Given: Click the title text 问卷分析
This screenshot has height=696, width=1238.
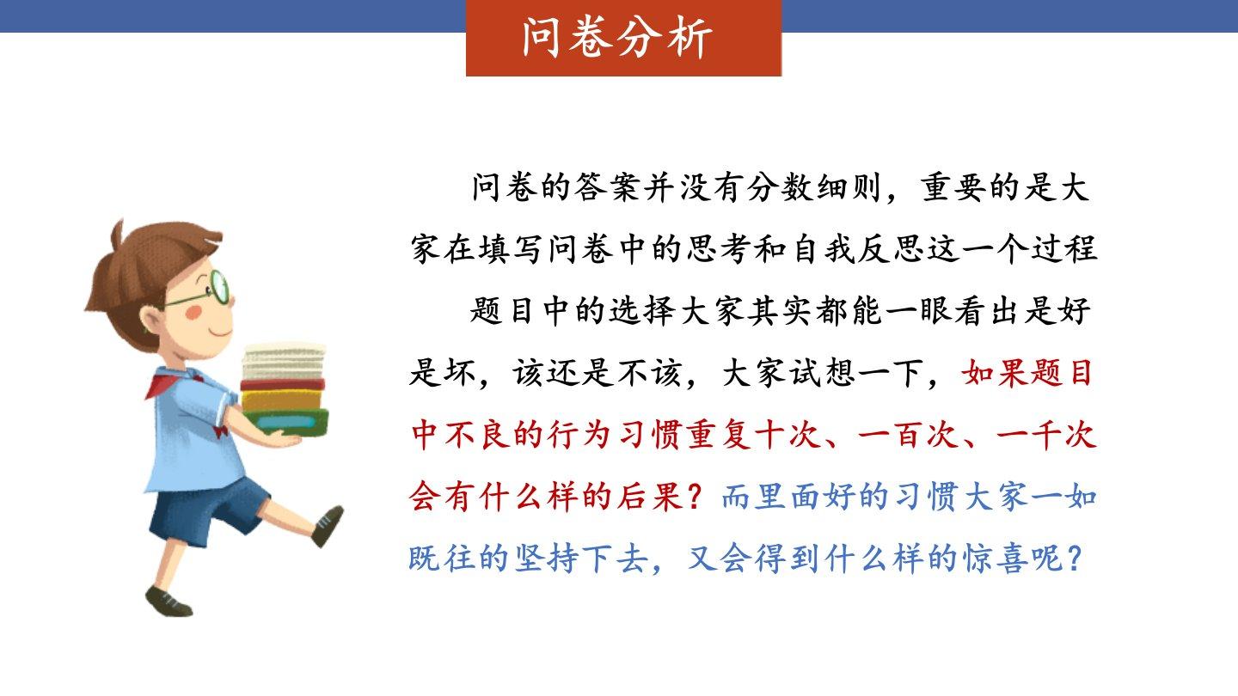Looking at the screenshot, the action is point(617,38).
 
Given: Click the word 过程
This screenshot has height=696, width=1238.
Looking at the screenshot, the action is point(1064,250).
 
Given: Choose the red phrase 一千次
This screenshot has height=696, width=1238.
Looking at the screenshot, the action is point(1046,436).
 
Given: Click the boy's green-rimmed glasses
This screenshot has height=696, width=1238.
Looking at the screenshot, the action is point(205,291).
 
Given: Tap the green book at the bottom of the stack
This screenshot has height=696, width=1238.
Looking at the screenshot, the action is point(285,422).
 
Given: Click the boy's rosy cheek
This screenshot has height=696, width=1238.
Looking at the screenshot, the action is point(194,313).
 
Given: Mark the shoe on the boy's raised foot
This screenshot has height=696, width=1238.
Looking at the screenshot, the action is point(328,525).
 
